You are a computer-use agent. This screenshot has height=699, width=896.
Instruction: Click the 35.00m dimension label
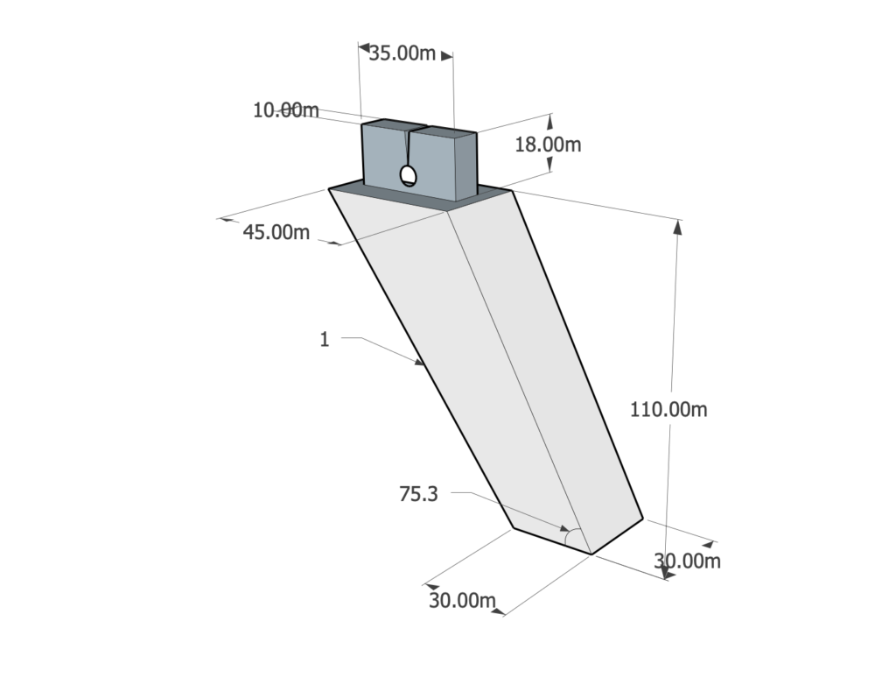402,53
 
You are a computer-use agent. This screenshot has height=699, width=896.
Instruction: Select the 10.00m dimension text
286,109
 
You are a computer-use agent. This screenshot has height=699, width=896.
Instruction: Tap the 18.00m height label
548,145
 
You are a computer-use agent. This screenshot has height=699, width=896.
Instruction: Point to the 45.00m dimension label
276,232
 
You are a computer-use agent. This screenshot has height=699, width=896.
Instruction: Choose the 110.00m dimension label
668,410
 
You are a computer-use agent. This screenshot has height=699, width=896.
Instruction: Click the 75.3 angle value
418,494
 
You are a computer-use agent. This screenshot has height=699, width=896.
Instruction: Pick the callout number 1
325,340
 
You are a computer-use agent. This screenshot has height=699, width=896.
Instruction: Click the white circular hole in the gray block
408,175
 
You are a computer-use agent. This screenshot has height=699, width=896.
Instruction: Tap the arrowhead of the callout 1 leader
420,362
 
